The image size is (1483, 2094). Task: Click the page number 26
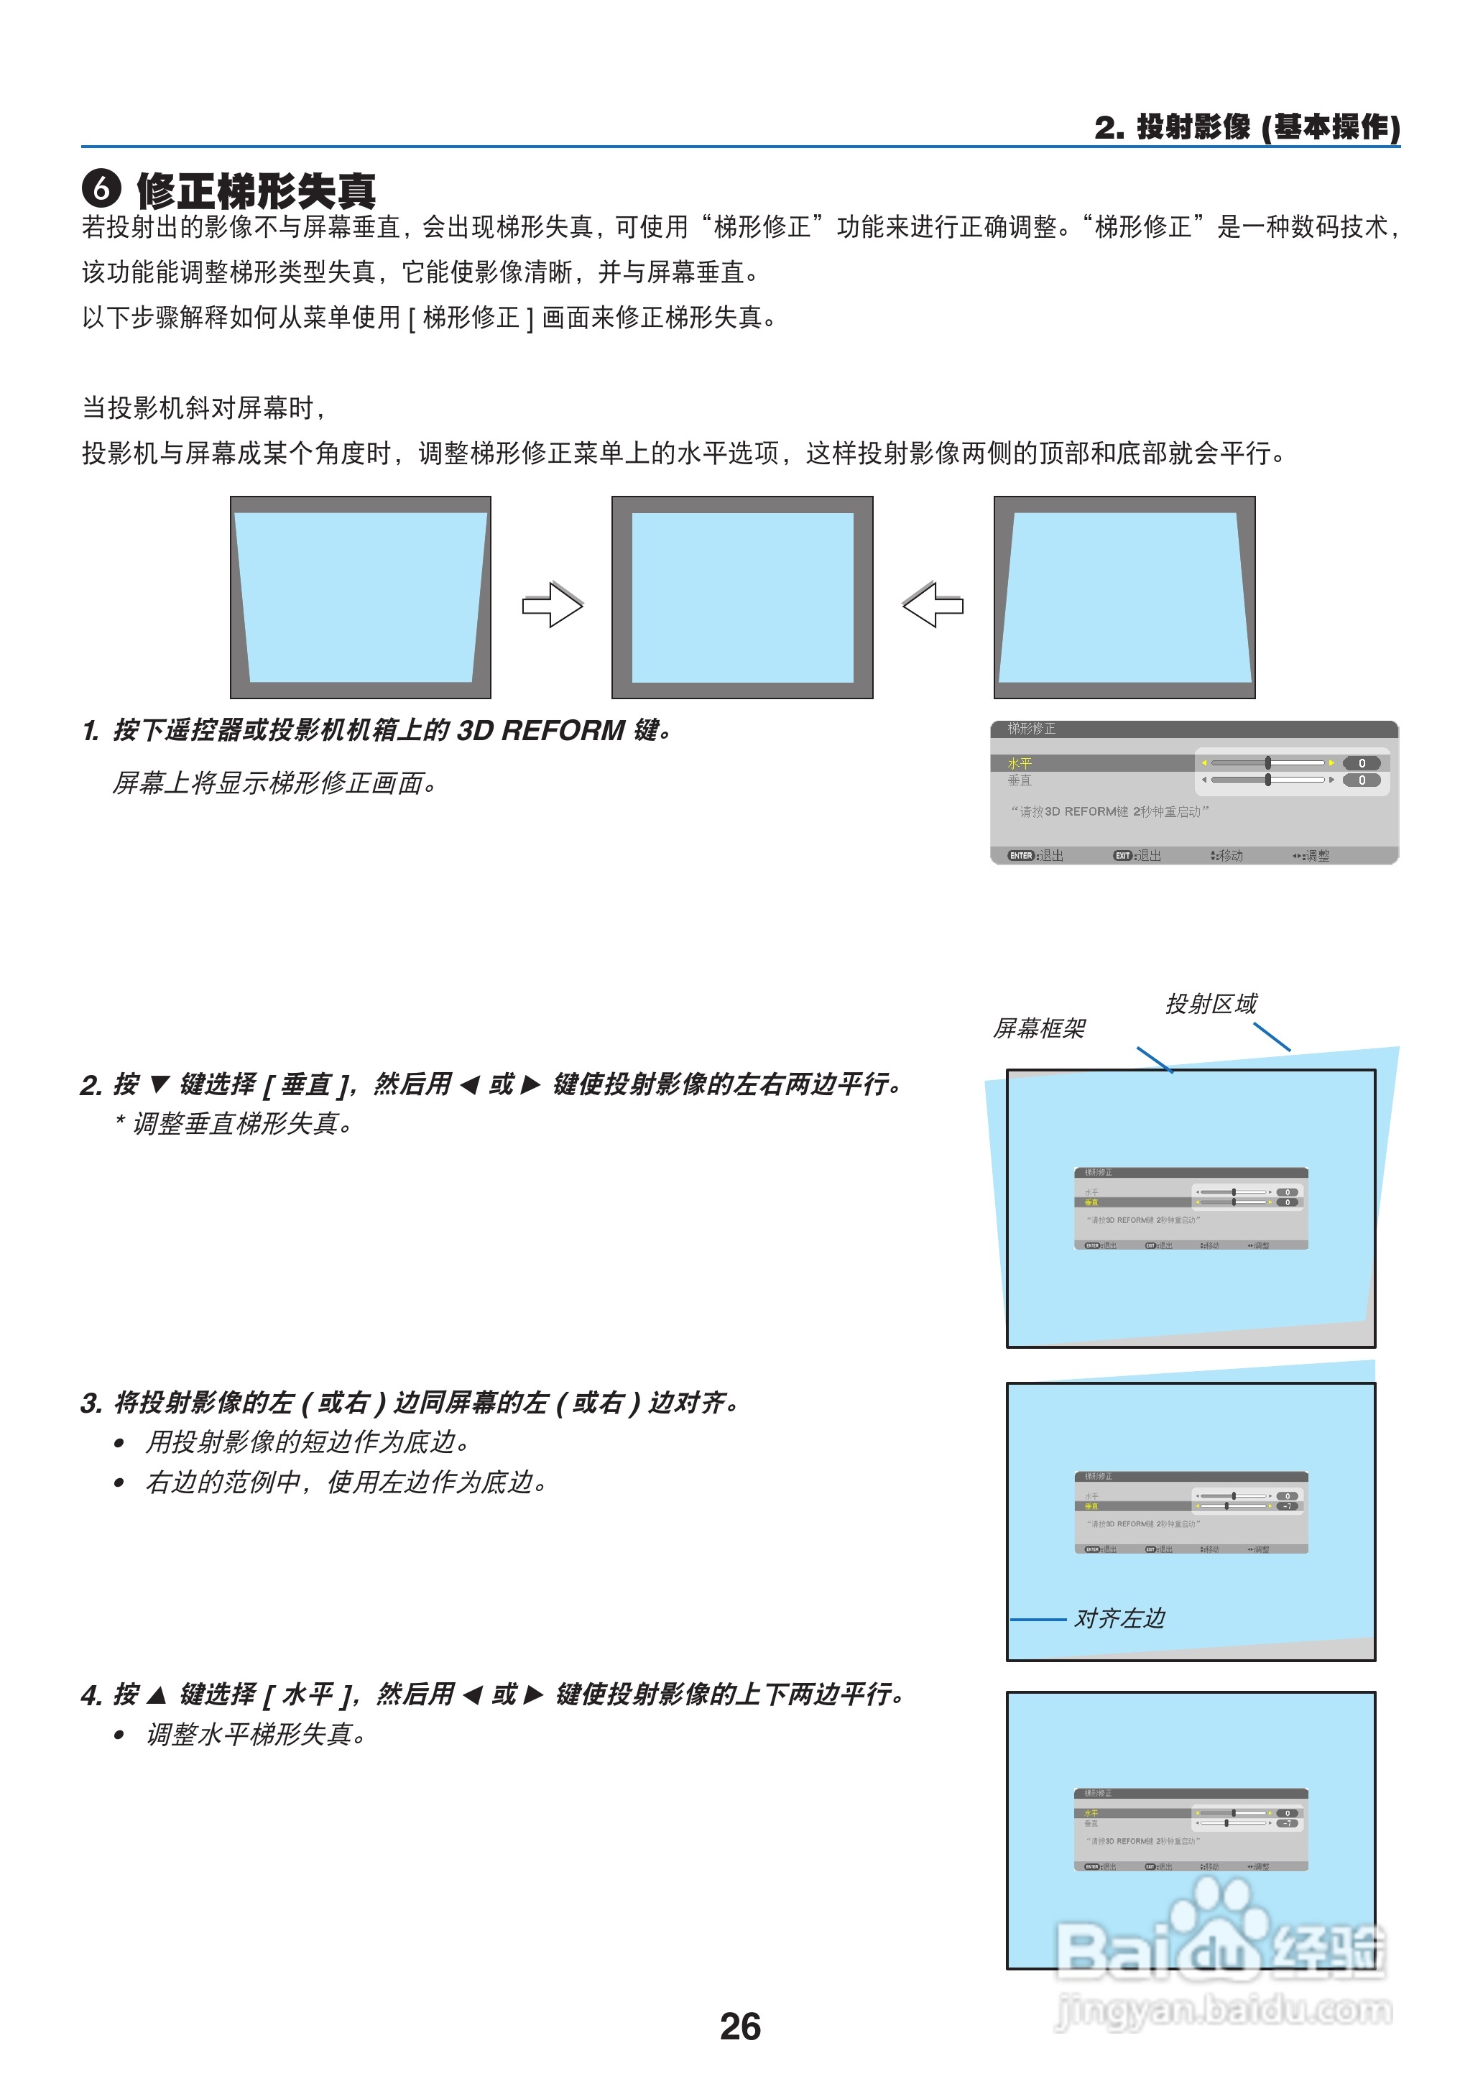[x=739, y=2026]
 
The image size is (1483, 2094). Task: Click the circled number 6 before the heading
[x=101, y=188]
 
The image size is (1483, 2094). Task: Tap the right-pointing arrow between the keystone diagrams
[x=553, y=604]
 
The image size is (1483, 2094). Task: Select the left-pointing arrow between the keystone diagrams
[x=933, y=604]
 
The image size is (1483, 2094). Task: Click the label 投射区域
[x=1211, y=1004]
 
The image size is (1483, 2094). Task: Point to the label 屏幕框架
[x=1039, y=1028]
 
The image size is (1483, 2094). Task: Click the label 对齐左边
[x=1119, y=1618]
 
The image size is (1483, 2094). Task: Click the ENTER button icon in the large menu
[x=1020, y=856]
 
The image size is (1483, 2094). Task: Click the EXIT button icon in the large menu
[x=1122, y=856]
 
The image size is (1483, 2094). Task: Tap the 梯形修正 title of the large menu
[x=1031, y=729]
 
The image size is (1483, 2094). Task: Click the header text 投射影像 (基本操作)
[x=1267, y=127]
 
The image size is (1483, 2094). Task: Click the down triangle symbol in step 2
[x=159, y=1084]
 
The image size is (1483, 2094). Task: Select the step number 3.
[x=91, y=1403]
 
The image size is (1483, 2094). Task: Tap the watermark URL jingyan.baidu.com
[x=1224, y=2009]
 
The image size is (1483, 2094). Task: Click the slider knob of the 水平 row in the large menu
[x=1267, y=762]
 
